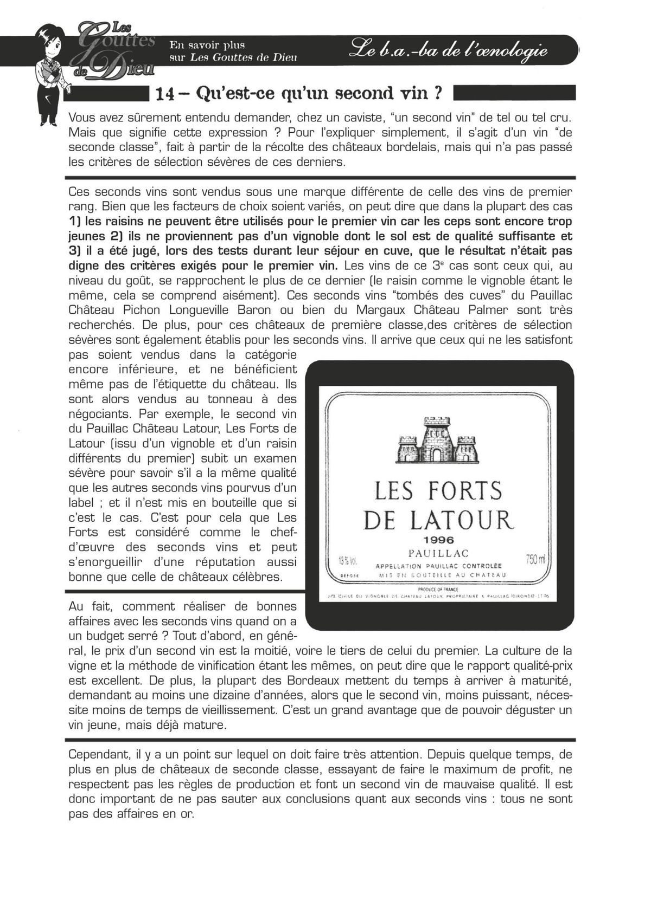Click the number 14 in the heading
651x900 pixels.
coord(165,94)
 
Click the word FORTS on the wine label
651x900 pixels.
coord(465,491)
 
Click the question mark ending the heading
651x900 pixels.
coord(437,93)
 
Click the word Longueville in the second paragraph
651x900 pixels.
coord(199,310)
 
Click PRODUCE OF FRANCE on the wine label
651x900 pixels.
coord(438,590)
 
